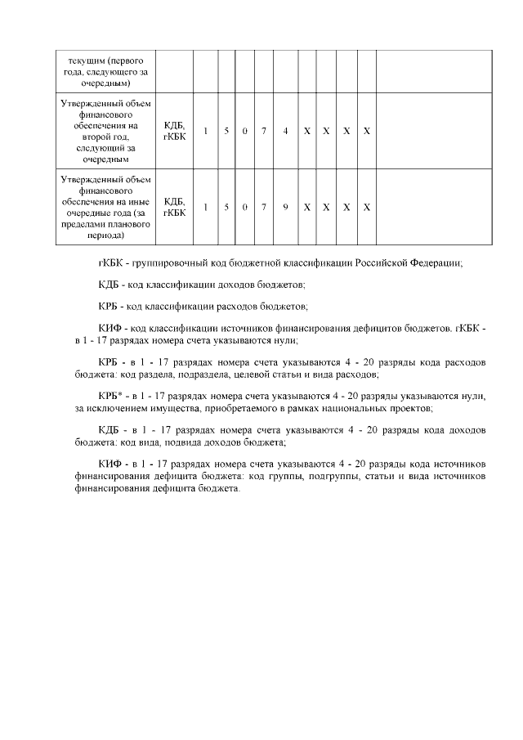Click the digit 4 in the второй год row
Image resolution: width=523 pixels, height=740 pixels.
point(285,131)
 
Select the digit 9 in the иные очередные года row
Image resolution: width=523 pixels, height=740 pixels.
point(285,207)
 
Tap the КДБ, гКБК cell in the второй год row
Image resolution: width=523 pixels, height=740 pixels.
point(174,131)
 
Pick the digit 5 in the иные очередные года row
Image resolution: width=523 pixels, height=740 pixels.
point(225,207)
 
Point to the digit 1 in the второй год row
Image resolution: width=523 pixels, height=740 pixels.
point(205,131)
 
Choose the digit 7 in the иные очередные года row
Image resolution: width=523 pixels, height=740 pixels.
point(265,207)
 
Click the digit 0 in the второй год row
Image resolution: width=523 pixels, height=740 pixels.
point(244,131)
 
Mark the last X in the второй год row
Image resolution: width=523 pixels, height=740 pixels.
point(367,131)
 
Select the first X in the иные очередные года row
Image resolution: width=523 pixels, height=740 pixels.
point(306,207)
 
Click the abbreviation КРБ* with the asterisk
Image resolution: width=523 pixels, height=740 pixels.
point(110,396)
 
